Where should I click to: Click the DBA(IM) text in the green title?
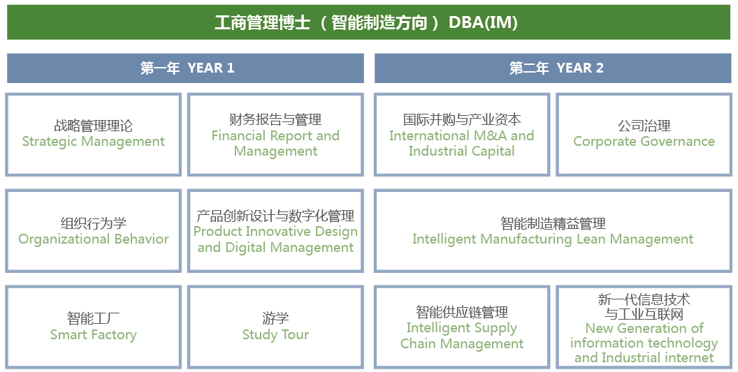pyautogui.click(x=483, y=22)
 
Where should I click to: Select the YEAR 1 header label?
pyautogui.click(x=210, y=68)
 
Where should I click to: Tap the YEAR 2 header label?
pyautogui.click(x=579, y=68)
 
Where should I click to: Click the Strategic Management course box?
pyautogui.click(x=93, y=134)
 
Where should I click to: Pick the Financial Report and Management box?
pyautogui.click(x=275, y=134)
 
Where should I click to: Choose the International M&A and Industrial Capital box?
pyautogui.click(x=461, y=134)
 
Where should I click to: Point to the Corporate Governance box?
pyautogui.click(x=644, y=134)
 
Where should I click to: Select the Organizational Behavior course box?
pyautogui.click(x=93, y=231)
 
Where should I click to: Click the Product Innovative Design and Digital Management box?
pyautogui.click(x=275, y=231)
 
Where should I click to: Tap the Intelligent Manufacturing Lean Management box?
pyautogui.click(x=552, y=231)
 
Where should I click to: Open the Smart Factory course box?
pyautogui.click(x=93, y=327)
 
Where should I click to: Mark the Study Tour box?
pyautogui.click(x=275, y=327)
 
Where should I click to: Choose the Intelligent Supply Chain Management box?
pyautogui.click(x=461, y=327)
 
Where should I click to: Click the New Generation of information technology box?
pyautogui.click(x=644, y=327)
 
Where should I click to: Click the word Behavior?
pyautogui.click(x=142, y=239)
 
